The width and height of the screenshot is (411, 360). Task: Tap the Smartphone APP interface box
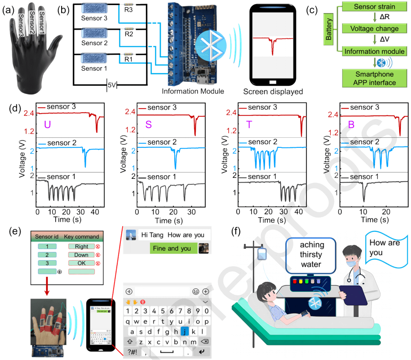click(x=370, y=78)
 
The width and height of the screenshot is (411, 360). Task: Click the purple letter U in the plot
click(x=47, y=124)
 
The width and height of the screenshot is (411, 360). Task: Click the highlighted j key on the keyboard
click(x=185, y=331)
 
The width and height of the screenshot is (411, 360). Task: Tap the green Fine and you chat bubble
click(x=174, y=249)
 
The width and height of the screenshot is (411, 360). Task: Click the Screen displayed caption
click(x=273, y=91)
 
